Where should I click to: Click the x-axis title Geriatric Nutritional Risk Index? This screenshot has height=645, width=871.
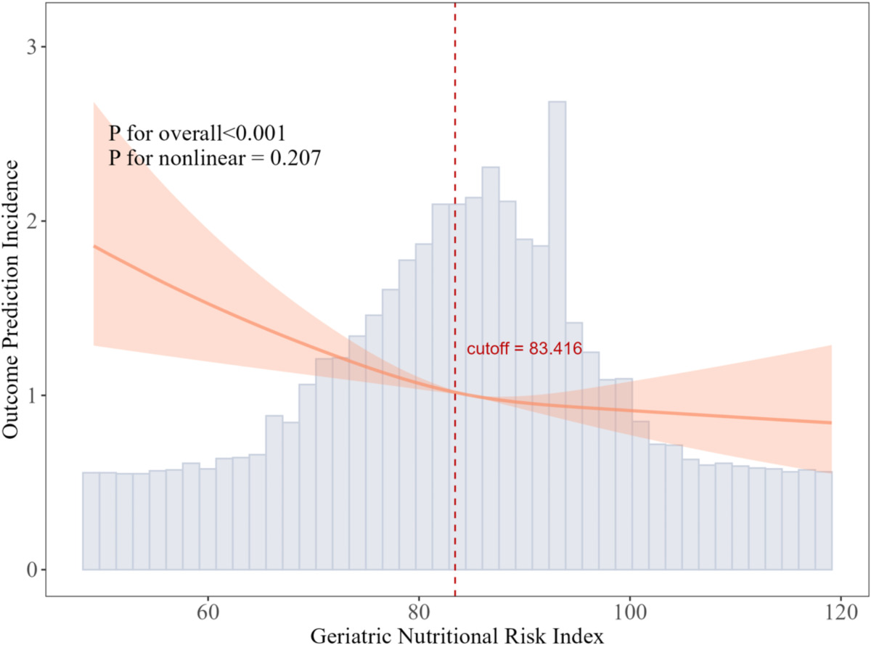(x=457, y=635)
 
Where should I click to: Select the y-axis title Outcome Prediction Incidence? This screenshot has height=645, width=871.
(x=12, y=300)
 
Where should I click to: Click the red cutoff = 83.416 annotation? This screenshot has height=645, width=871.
(x=524, y=349)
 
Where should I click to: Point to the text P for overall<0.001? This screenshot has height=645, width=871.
(x=197, y=133)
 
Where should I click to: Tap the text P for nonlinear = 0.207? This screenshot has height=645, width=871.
(x=214, y=158)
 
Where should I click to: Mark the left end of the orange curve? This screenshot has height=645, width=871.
(x=94, y=246)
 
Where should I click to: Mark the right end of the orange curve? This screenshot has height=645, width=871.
(x=831, y=422)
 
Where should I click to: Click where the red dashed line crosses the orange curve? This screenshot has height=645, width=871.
(x=455, y=393)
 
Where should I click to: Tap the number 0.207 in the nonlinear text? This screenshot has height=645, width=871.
(x=293, y=158)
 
